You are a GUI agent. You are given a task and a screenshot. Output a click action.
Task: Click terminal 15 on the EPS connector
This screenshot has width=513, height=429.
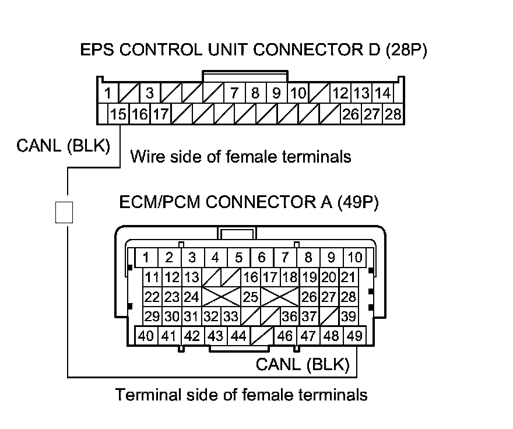(x=118, y=114)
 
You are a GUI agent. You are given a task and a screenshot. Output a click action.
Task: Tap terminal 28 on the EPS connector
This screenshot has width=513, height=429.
(x=394, y=114)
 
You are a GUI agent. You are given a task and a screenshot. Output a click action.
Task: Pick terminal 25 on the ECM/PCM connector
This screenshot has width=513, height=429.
(x=251, y=297)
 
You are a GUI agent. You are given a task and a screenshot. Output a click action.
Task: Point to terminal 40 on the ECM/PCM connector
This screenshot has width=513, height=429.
(x=146, y=336)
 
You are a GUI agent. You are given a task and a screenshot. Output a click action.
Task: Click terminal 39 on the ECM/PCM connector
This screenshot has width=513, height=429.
(x=349, y=317)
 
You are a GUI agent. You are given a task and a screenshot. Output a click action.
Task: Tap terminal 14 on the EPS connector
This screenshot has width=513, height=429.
(x=382, y=93)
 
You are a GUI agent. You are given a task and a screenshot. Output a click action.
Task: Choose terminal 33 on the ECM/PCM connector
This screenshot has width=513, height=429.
(x=231, y=317)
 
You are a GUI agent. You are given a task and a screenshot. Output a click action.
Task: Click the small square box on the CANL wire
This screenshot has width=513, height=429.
(x=64, y=212)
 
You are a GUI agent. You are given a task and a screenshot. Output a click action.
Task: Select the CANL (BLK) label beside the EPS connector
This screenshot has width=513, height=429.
(x=63, y=146)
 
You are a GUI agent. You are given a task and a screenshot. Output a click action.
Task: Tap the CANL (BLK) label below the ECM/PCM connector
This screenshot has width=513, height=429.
(x=303, y=365)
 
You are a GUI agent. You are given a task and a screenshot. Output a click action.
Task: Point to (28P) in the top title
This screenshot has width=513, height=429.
(x=406, y=50)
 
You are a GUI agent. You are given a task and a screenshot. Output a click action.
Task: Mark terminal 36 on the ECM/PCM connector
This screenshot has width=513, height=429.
(x=289, y=317)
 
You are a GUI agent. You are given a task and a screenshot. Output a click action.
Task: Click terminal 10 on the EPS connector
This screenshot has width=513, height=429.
(x=298, y=93)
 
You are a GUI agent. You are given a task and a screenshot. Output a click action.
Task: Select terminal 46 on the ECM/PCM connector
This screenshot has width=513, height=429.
(x=285, y=336)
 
